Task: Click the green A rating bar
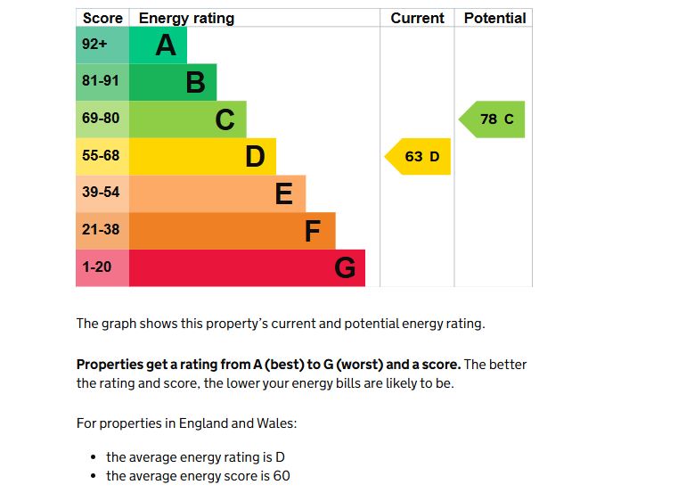click(x=158, y=45)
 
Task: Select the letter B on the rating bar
click(x=195, y=83)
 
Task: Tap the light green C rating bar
click(x=187, y=119)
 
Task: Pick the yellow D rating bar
click(x=202, y=156)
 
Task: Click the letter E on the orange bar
click(x=283, y=193)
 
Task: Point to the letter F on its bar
click(x=312, y=231)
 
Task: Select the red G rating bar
click(x=247, y=267)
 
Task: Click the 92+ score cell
click(x=94, y=44)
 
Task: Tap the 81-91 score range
click(x=101, y=81)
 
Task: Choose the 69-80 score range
click(x=101, y=119)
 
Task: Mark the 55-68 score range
click(x=101, y=156)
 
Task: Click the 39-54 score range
click(x=101, y=193)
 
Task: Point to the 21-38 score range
click(x=101, y=230)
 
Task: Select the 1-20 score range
click(x=97, y=267)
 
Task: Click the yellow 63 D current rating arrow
click(x=420, y=157)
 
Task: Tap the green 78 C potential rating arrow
click(x=494, y=119)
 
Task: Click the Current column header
click(x=417, y=18)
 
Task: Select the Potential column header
click(x=494, y=18)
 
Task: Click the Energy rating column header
click(x=186, y=18)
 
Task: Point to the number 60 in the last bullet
click(x=282, y=476)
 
